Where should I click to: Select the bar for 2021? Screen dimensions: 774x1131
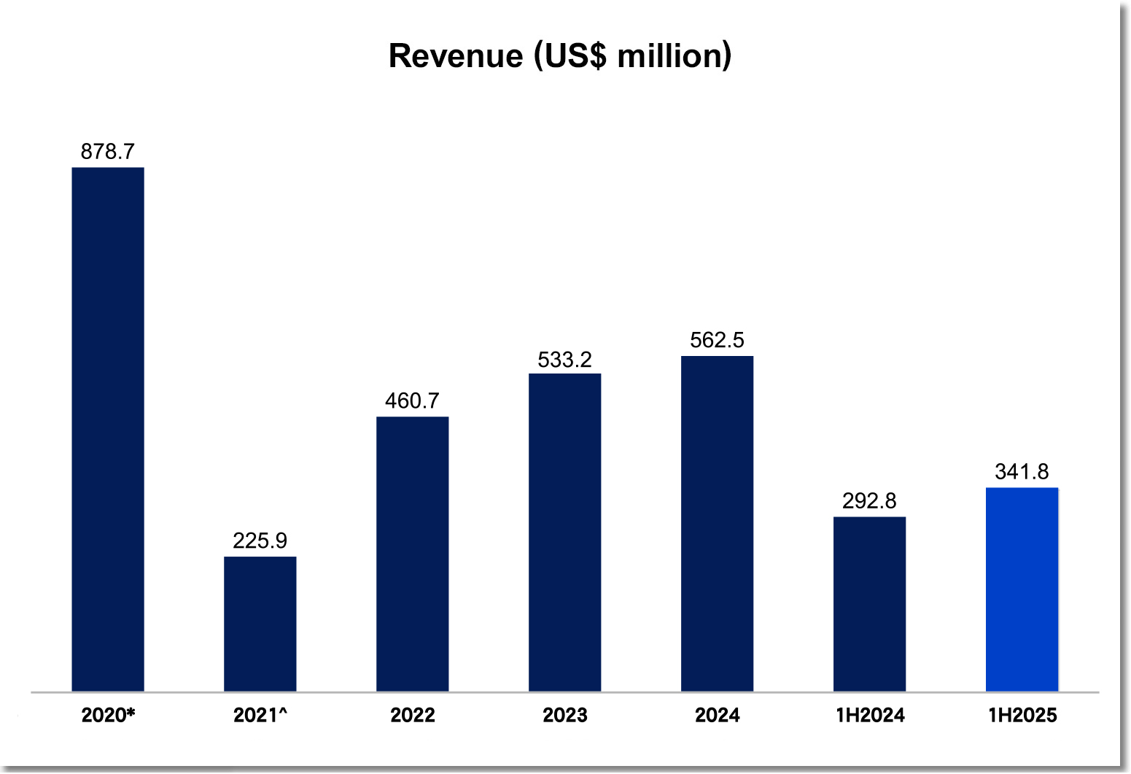coord(260,624)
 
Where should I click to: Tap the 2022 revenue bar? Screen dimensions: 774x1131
coord(413,554)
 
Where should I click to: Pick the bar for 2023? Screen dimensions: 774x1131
coord(565,533)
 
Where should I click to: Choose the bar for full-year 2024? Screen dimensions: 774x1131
coord(718,523)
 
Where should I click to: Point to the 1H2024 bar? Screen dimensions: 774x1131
coord(870,604)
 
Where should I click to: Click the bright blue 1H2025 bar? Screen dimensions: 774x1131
coord(1022,589)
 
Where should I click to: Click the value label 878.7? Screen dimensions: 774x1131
coord(108,152)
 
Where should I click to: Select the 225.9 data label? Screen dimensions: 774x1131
coord(260,541)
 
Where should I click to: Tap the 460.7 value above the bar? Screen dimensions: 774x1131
coord(413,400)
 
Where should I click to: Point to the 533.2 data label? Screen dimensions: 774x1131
coord(565,360)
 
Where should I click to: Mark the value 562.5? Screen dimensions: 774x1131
coord(718,340)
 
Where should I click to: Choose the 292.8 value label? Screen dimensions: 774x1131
coord(870,501)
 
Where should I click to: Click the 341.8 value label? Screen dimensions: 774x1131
coord(1022,472)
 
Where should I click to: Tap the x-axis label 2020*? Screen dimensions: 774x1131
coord(108,715)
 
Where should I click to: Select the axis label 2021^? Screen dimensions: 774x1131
coord(260,715)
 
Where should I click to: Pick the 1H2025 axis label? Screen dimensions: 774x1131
coord(1022,715)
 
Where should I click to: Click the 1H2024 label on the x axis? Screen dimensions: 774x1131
coord(870,715)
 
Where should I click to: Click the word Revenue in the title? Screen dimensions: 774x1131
coord(456,56)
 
